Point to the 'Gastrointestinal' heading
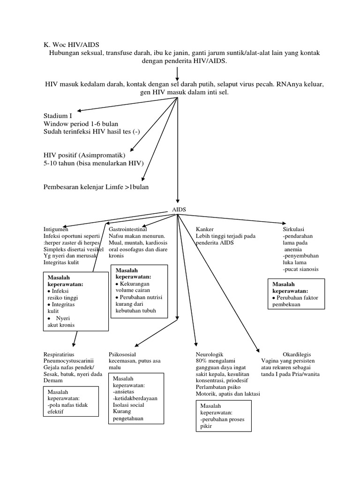click(128, 229)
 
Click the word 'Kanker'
click(204, 229)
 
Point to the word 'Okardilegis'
click(297, 354)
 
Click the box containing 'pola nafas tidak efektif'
click(70, 401)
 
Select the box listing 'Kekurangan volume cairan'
click(139, 291)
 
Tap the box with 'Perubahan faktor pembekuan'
click(296, 294)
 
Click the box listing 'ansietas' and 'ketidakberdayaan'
click(136, 397)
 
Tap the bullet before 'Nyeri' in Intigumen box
click(50, 318)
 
